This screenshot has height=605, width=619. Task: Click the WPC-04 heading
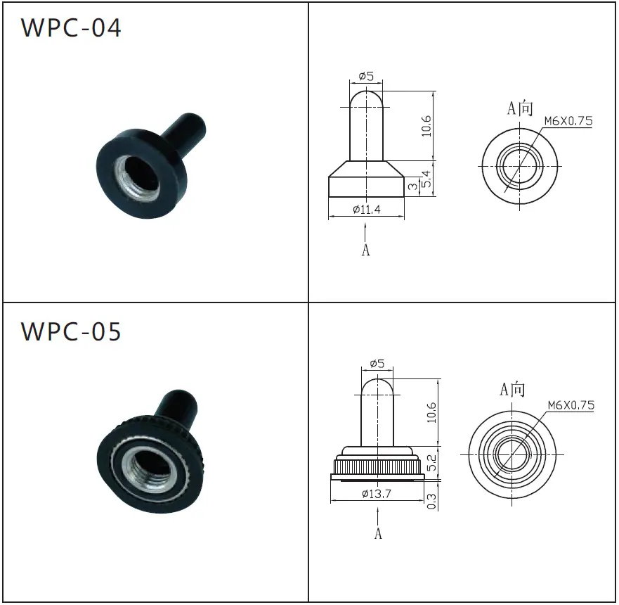coord(71,28)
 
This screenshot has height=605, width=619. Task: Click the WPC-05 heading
coord(71,331)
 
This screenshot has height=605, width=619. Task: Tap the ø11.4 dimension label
coord(367,209)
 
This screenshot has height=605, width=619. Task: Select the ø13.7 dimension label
coord(377,493)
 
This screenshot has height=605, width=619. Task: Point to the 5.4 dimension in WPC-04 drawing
coord(426,179)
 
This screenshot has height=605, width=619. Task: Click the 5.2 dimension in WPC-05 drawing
coord(432,462)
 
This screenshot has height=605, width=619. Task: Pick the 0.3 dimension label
coord(432,501)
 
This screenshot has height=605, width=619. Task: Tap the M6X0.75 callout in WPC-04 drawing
coord(568,120)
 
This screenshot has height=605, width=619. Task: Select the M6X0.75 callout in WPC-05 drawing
coord(571,405)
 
